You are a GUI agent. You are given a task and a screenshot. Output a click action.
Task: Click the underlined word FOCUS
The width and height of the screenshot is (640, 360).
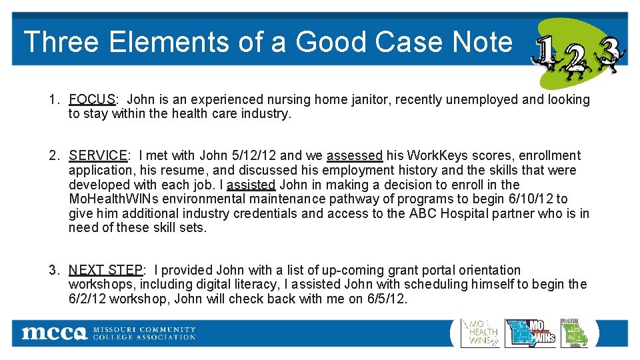[x=92, y=100]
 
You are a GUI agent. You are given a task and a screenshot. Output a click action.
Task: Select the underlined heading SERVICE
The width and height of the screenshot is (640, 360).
[x=98, y=156]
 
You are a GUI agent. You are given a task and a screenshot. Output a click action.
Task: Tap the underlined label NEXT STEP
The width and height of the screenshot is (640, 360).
[x=105, y=271]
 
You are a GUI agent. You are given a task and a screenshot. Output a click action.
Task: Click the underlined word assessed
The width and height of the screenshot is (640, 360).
[x=355, y=156]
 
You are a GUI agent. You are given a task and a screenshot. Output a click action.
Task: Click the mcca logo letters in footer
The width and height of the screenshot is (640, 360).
[x=54, y=333]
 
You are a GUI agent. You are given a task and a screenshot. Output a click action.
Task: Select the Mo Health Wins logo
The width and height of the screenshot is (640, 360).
[x=480, y=333]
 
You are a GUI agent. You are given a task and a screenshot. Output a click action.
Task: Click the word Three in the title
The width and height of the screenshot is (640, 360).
[x=61, y=42]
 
